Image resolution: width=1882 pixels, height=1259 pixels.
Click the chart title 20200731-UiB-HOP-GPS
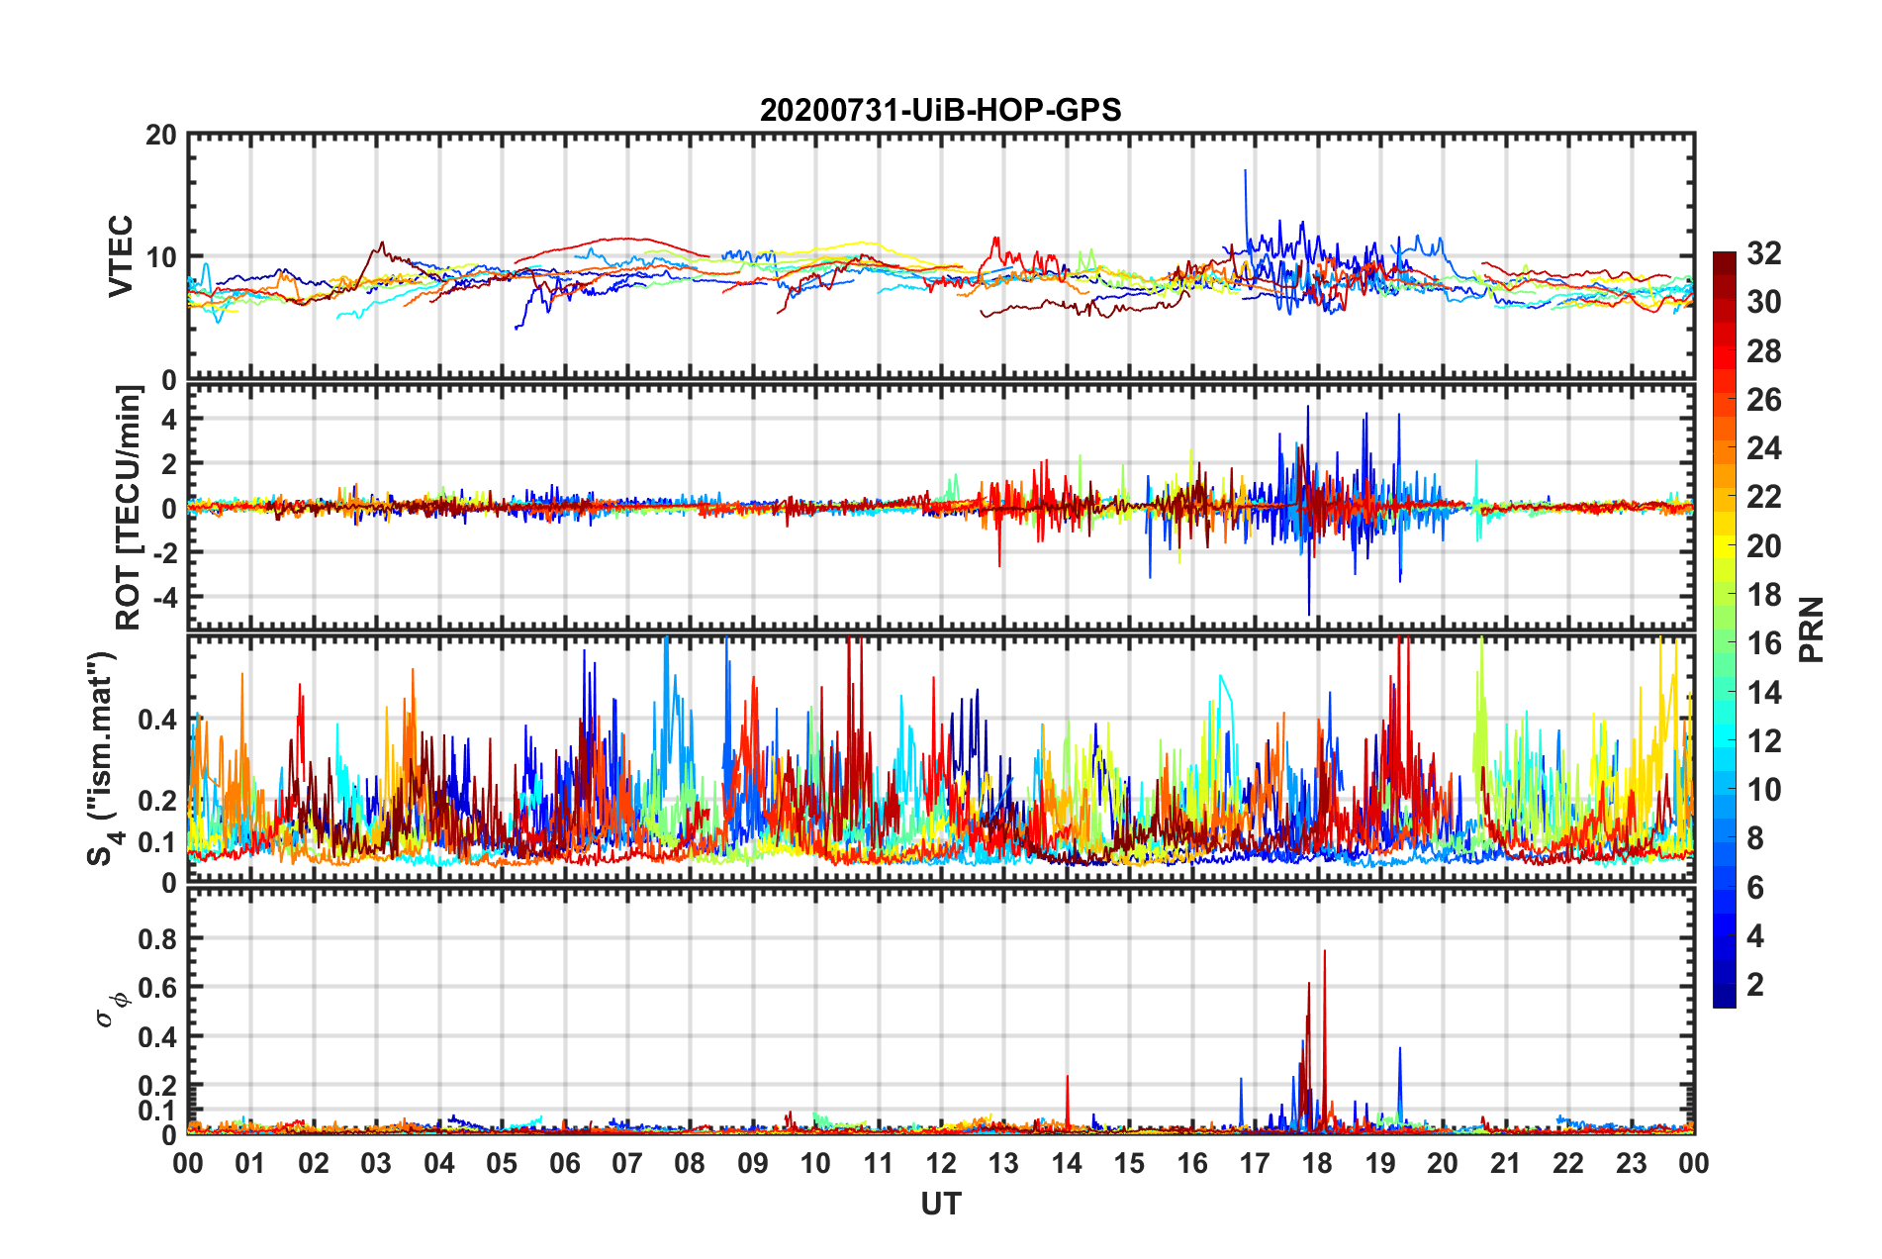pos(940,110)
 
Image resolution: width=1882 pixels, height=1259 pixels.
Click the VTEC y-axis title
pos(121,255)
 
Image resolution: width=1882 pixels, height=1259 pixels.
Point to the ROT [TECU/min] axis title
pos(129,508)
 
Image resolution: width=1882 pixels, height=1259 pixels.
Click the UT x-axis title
pos(940,1204)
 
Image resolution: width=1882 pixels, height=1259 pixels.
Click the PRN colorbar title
pos(1811,629)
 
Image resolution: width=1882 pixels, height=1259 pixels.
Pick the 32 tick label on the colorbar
pos(1763,253)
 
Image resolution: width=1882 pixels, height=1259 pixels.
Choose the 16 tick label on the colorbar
pos(1763,643)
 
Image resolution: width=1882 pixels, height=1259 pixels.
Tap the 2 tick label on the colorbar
pos(1755,984)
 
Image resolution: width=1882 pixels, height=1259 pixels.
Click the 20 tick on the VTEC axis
pos(161,135)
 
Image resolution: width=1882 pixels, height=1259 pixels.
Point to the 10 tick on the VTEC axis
pos(161,257)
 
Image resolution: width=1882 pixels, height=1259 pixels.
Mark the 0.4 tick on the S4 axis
pos(157,720)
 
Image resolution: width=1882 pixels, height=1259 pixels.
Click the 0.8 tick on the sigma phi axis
pos(157,938)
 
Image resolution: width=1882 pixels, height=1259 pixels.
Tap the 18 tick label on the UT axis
pos(1317,1163)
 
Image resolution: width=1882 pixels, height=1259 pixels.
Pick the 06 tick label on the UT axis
pos(564,1163)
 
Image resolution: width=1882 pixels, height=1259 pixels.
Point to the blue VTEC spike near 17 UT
pos(1246,173)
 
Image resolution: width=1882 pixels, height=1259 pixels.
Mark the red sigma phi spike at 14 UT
pos(1067,1079)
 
